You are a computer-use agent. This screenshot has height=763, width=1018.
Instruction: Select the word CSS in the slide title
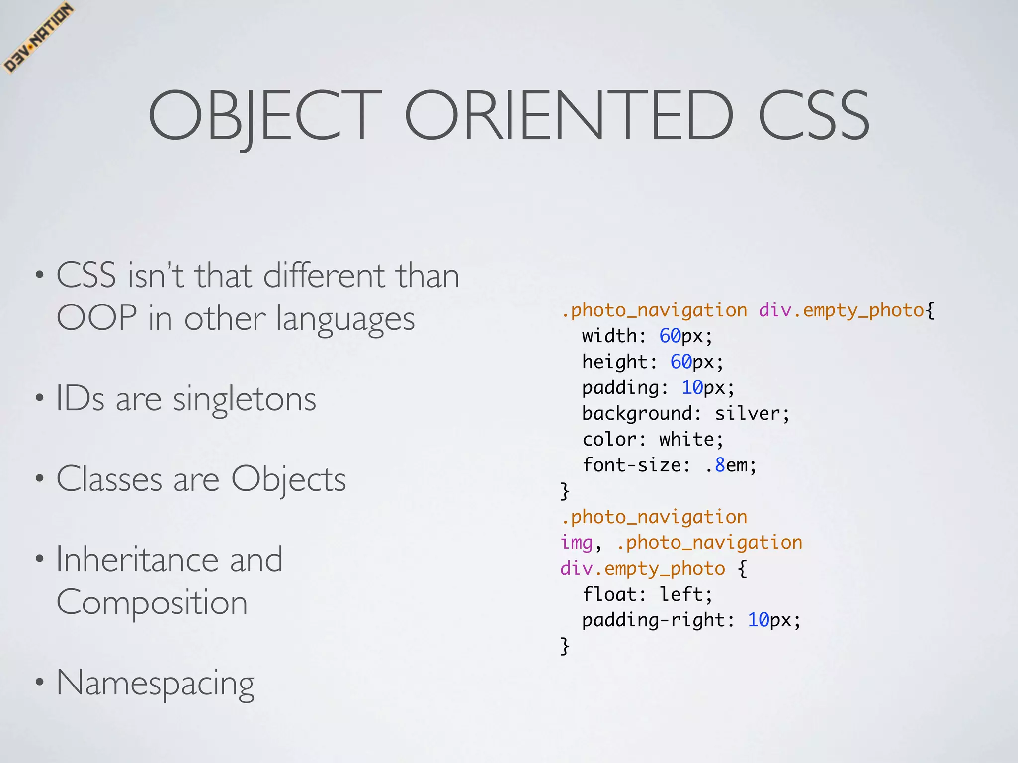[814, 115]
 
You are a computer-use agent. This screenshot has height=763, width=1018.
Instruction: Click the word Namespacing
[155, 683]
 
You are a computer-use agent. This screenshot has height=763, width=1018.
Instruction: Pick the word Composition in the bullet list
[152, 603]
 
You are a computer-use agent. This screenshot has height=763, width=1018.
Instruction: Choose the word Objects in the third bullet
[288, 480]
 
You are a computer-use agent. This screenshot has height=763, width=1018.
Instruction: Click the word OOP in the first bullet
[96, 318]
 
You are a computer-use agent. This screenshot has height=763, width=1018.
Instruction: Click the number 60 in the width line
[670, 336]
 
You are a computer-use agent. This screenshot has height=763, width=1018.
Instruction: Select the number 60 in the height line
[680, 362]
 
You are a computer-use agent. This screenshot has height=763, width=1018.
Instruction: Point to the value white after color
[686, 440]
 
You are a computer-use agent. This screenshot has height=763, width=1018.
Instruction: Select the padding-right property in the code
[653, 620]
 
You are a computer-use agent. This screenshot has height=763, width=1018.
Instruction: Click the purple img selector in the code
[577, 543]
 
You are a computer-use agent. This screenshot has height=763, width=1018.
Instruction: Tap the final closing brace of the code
[565, 646]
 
